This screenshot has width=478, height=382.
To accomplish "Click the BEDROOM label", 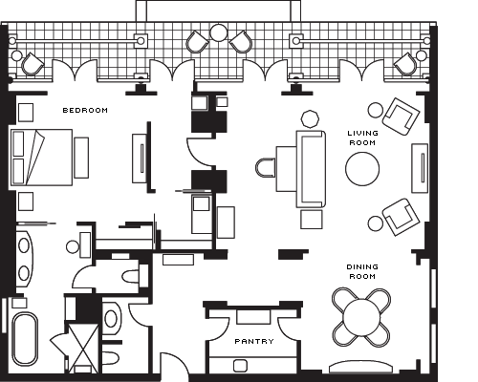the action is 85,111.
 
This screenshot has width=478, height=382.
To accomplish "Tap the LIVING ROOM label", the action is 362,138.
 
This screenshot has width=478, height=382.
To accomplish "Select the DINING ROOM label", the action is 362,271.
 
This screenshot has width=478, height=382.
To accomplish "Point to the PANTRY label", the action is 254,341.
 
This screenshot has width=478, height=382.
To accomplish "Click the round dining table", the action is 361,317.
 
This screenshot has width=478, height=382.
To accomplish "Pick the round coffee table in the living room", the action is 362,169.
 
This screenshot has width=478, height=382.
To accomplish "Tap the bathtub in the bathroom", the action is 25,339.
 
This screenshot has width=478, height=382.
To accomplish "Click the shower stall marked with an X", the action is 83,348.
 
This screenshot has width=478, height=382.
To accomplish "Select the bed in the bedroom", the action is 41,158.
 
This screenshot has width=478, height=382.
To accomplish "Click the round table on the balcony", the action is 219,32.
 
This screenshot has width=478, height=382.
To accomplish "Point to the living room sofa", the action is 311,169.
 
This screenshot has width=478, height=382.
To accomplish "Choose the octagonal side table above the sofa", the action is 310,118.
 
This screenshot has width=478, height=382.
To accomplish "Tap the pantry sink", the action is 240,366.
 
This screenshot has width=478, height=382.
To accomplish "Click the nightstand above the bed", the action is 26,113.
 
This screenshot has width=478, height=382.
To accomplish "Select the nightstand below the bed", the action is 26,202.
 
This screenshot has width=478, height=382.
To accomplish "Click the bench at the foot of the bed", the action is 81,158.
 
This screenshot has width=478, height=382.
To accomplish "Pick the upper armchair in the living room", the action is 401,117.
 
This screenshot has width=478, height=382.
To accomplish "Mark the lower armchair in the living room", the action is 401,217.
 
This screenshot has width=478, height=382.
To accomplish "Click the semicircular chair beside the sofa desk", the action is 266,168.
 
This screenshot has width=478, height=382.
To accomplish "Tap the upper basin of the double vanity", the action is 24,245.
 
